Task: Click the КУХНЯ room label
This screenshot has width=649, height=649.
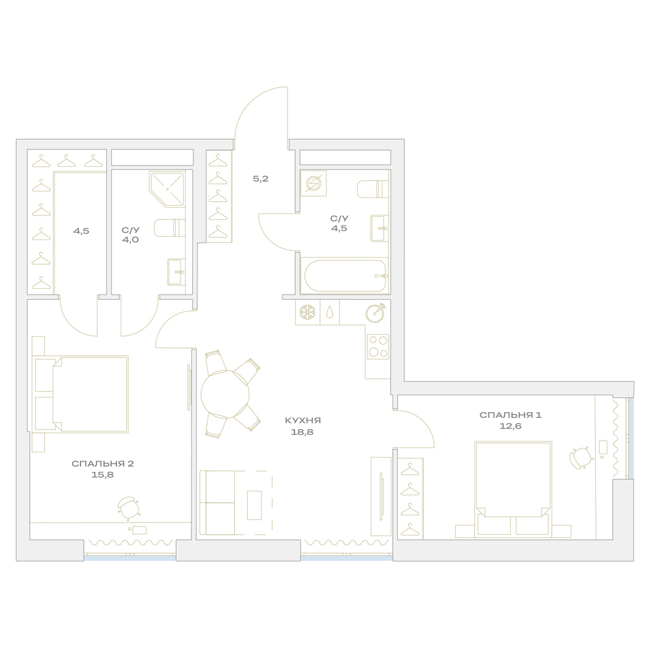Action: [x=303, y=421]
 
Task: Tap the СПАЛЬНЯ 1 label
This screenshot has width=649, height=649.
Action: [x=510, y=415]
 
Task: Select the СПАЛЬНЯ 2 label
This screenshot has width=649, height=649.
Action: [x=103, y=463]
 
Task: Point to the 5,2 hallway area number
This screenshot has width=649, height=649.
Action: [x=261, y=179]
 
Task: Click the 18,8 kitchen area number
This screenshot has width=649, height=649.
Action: [x=303, y=432]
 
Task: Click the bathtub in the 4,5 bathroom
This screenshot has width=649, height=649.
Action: [x=345, y=275]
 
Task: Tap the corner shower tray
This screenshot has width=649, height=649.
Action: [x=167, y=189]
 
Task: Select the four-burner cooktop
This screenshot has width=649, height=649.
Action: [x=378, y=347]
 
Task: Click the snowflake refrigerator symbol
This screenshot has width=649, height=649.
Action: [x=308, y=312]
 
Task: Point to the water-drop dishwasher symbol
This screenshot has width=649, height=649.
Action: [x=330, y=313]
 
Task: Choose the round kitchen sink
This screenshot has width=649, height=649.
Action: [x=375, y=312]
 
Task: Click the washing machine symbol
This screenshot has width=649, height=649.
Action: [x=313, y=184]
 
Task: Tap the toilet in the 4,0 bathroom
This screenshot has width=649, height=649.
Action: [x=169, y=228]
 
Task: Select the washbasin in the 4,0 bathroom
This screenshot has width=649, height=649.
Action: [x=177, y=272]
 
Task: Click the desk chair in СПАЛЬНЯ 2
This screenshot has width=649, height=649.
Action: [x=129, y=508]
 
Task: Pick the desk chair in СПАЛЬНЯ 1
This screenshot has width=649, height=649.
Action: [x=580, y=458]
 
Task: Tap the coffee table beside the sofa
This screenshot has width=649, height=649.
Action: [x=254, y=505]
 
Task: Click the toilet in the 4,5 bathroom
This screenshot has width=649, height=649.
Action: [x=373, y=189]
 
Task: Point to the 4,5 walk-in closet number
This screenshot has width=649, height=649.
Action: [x=81, y=231]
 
